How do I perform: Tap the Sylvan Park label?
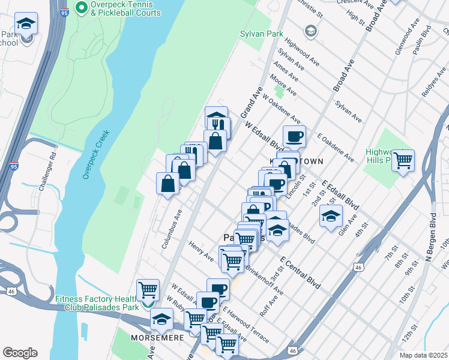[261, 34]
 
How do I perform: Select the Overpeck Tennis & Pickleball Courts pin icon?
[82, 8]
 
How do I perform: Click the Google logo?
[20, 353]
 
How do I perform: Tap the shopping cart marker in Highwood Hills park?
[403, 160]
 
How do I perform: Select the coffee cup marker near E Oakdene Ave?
[294, 137]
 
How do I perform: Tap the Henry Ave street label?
[200, 251]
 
